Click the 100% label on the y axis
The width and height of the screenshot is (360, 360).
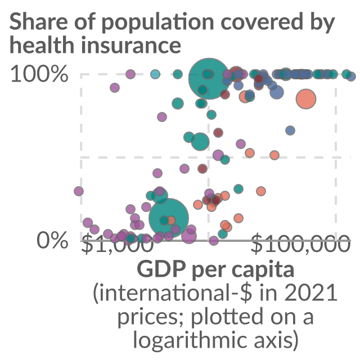click(39, 74)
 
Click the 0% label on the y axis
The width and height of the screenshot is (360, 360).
click(52, 240)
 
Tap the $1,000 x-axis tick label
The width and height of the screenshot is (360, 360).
click(118, 244)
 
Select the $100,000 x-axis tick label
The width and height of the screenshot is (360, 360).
click(300, 244)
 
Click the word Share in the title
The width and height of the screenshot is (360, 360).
click(39, 22)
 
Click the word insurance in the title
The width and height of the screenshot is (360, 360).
click(131, 45)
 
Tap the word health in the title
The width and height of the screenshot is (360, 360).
click(42, 45)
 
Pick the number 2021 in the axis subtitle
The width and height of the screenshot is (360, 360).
click(311, 292)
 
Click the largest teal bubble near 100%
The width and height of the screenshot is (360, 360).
click(209, 79)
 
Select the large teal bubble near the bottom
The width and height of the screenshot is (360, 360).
click(169, 218)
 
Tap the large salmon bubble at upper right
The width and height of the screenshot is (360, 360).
click(306, 99)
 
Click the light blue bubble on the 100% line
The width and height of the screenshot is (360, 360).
click(155, 74)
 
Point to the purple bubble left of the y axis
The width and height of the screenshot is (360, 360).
click(79, 191)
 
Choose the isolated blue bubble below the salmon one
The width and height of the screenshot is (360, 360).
click(290, 130)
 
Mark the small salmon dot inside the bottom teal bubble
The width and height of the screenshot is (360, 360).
click(171, 220)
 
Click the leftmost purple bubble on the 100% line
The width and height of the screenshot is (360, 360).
click(130, 74)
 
